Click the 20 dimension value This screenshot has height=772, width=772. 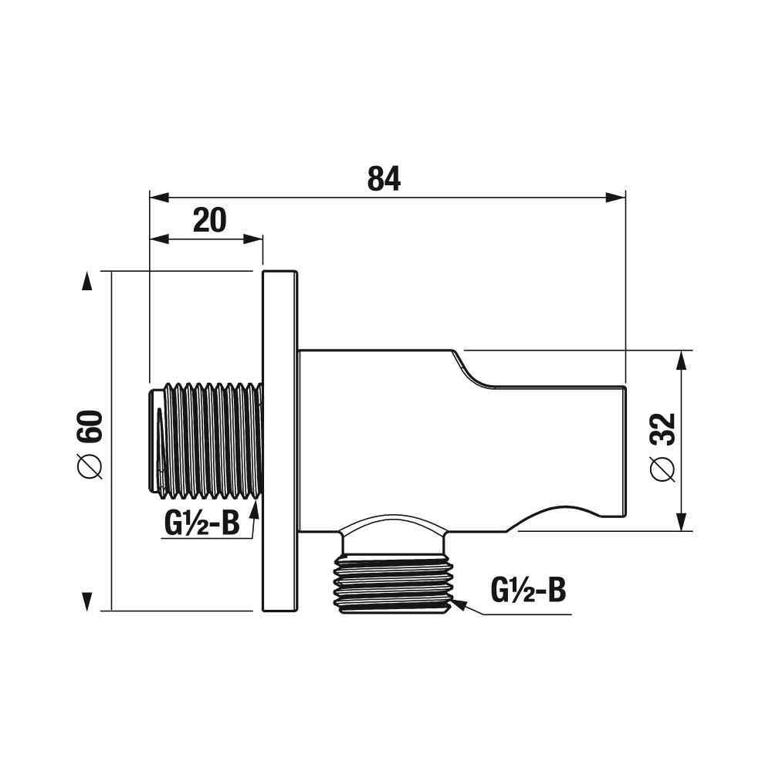[210, 220]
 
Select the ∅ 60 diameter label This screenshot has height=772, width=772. [90, 445]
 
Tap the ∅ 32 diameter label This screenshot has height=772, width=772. [662, 447]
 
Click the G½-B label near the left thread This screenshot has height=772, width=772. [201, 523]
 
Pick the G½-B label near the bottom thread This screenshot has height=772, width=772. [528, 590]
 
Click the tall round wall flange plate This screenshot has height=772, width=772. [280, 441]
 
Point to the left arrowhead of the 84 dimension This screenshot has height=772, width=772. [158, 198]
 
